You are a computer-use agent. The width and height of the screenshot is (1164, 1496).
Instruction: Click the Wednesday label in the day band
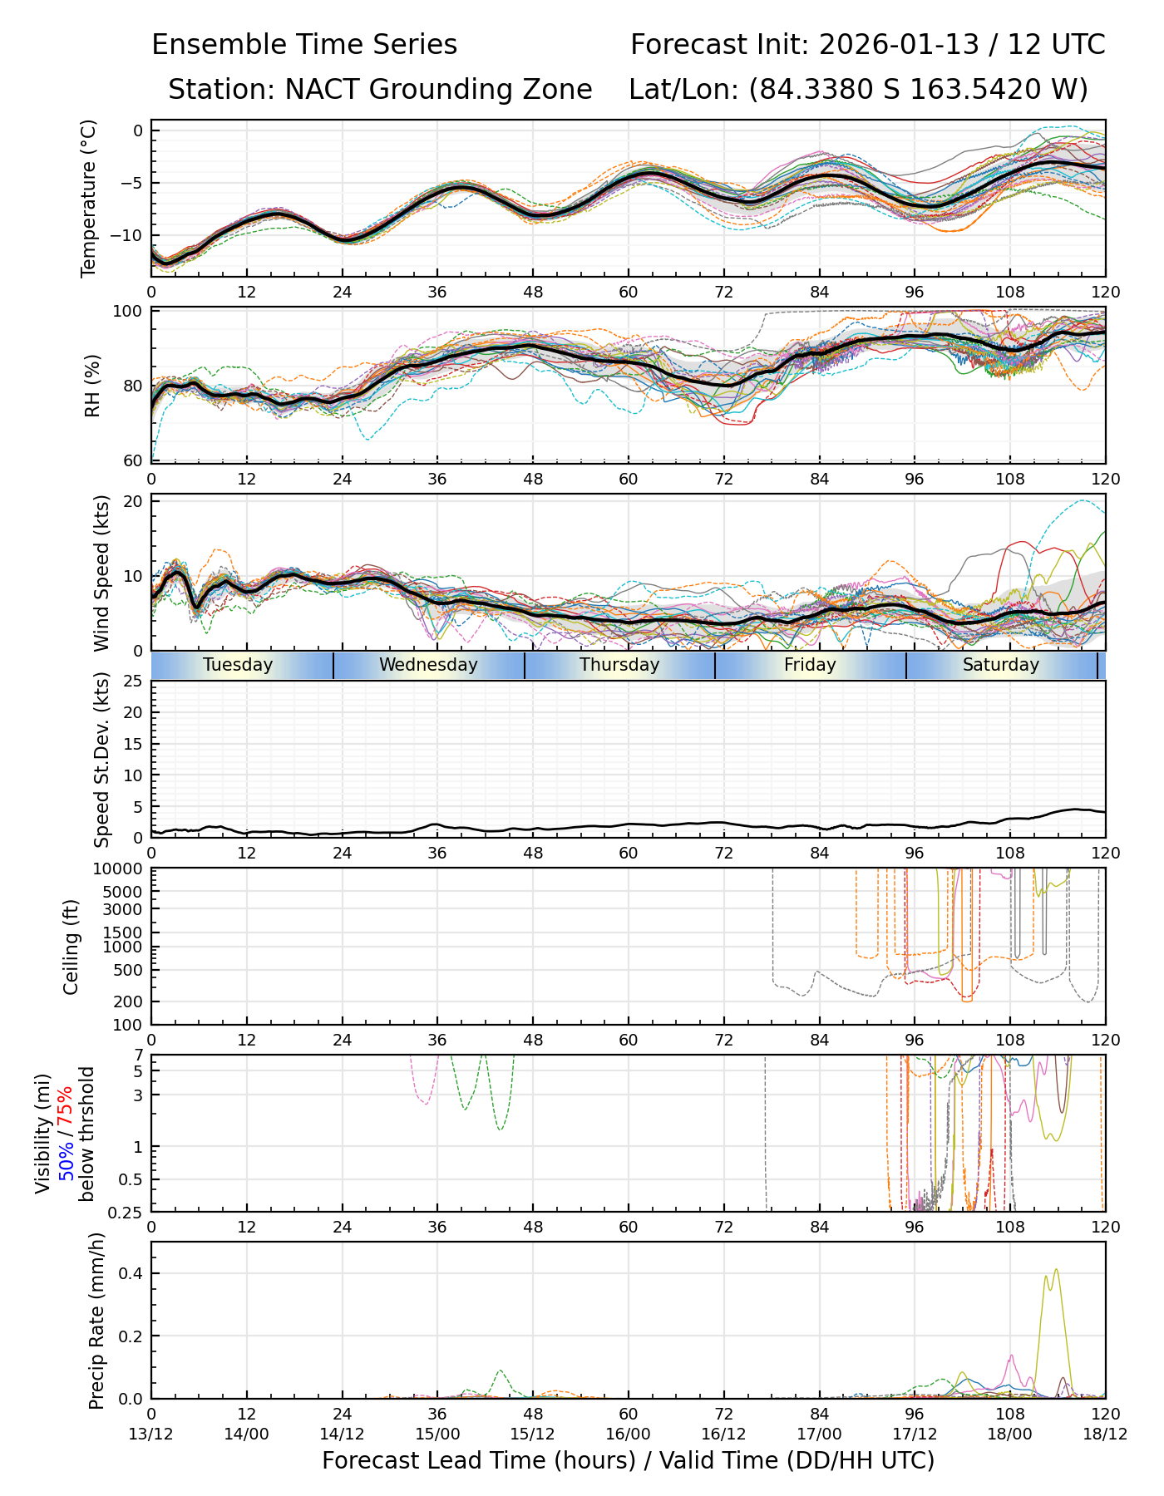(x=428, y=665)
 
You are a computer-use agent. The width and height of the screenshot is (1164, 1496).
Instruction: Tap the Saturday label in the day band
(x=1001, y=665)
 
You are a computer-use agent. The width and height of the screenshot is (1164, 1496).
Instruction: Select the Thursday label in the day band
(x=619, y=665)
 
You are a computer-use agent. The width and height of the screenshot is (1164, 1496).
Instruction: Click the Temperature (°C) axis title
(x=89, y=198)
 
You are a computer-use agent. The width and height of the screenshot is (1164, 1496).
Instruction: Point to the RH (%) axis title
(x=92, y=386)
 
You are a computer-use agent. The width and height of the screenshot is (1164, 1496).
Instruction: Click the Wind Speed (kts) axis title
(x=101, y=573)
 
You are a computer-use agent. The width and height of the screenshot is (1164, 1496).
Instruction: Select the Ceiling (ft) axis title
(x=72, y=947)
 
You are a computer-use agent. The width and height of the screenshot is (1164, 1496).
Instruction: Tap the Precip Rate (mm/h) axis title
(x=96, y=1321)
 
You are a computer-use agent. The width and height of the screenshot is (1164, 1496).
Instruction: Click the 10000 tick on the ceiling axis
(x=121, y=869)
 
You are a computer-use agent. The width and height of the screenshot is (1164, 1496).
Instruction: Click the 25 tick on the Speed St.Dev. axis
(x=133, y=682)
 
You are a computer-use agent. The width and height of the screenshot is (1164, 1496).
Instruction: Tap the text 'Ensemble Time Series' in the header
(x=304, y=45)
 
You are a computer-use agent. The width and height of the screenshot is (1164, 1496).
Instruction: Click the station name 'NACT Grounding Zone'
(x=438, y=90)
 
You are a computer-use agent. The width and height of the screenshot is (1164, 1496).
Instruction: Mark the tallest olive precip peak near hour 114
(x=1056, y=1269)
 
